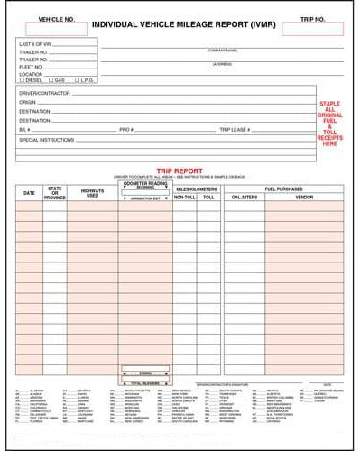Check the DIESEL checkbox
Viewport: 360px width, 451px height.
[x=22, y=80]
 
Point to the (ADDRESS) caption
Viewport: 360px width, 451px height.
[x=222, y=64]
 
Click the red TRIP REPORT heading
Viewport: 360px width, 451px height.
[x=179, y=170]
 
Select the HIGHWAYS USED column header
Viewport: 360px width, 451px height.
[x=92, y=193]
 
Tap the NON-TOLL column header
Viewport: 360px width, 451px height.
[x=184, y=196]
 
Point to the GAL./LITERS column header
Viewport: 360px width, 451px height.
[x=244, y=196]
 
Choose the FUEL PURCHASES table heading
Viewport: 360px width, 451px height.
[x=283, y=188]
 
